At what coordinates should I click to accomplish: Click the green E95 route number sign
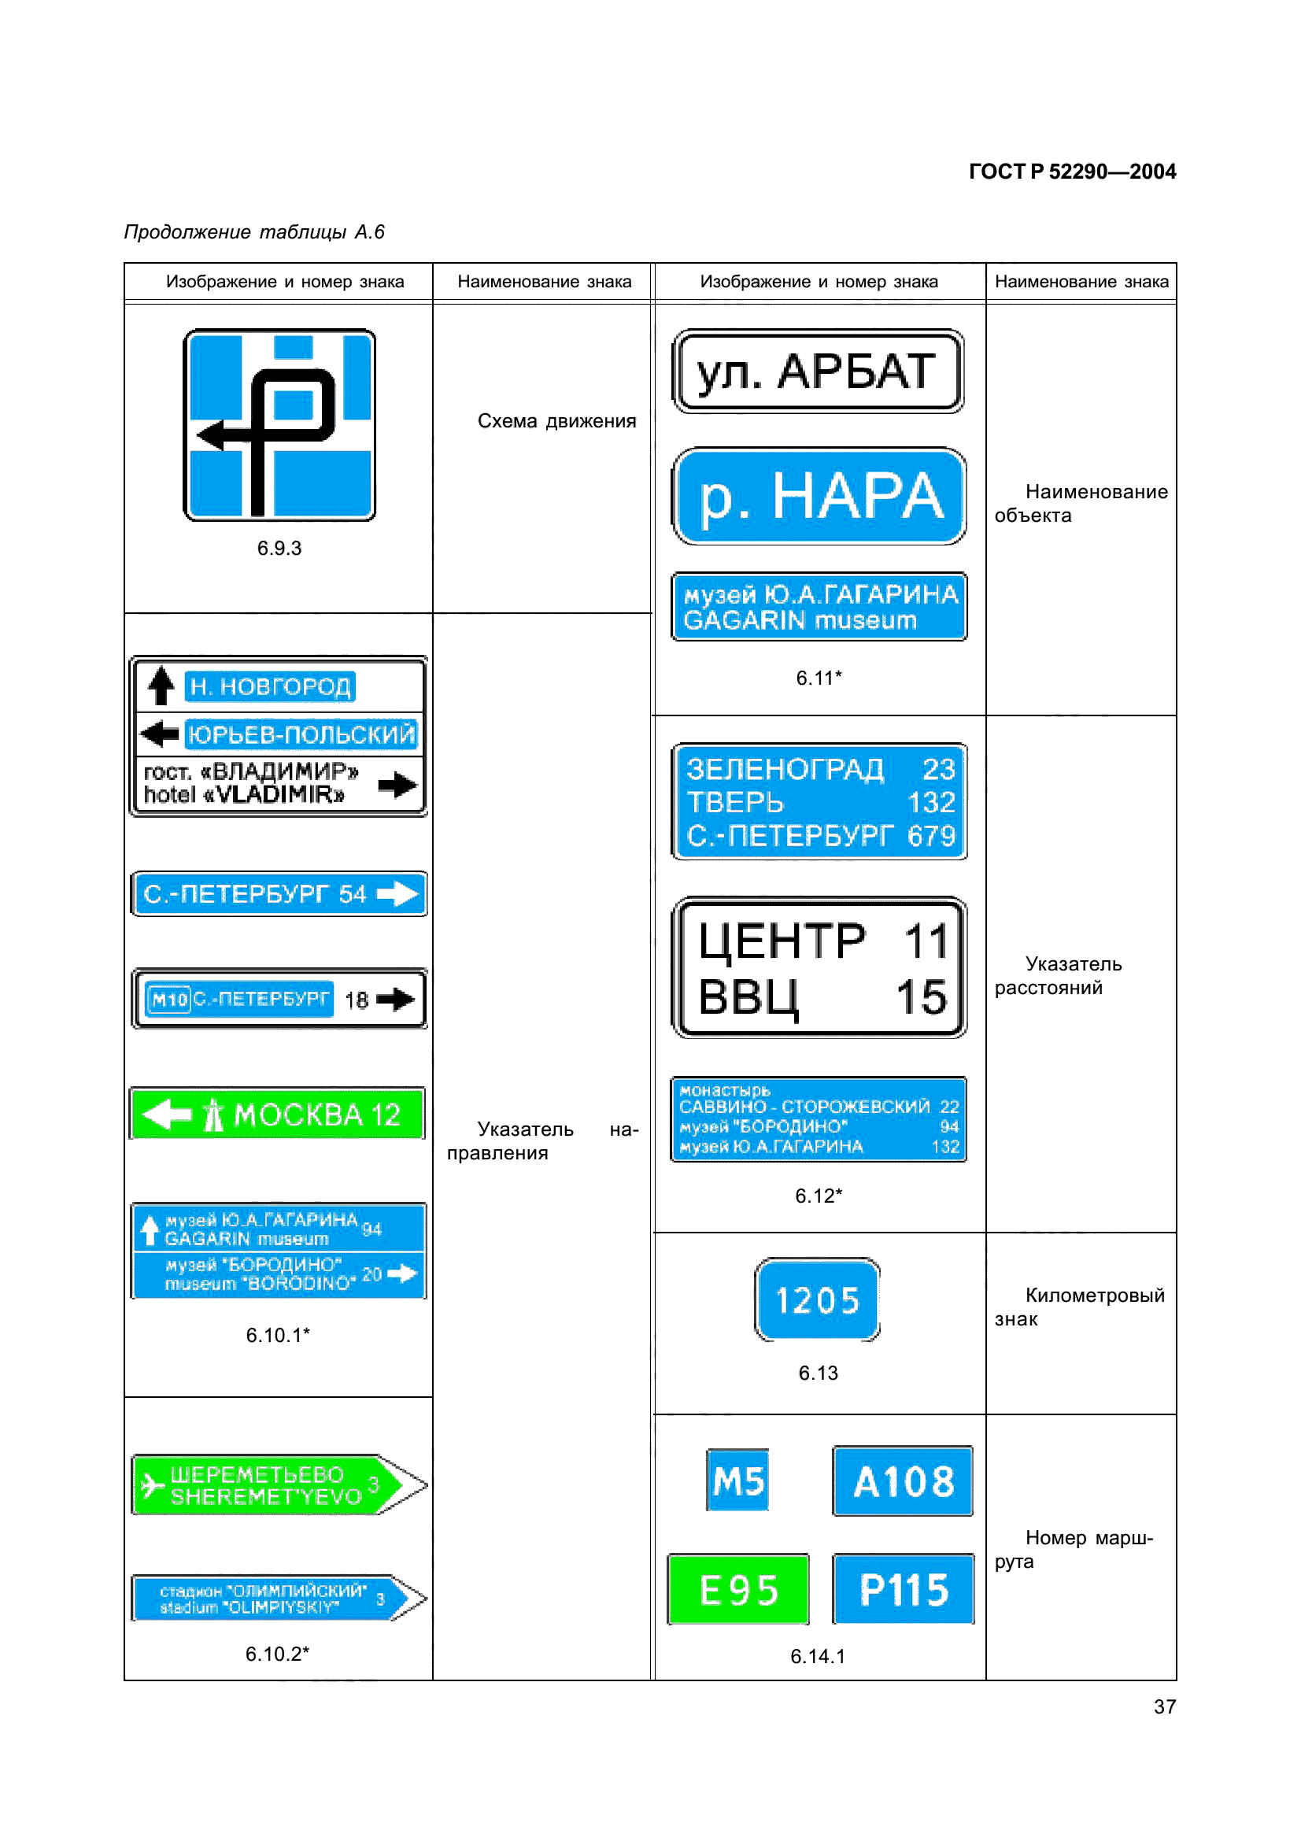point(737,1588)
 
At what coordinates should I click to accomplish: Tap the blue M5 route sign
point(737,1481)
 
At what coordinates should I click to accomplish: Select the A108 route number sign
point(903,1481)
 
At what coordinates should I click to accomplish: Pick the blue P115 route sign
point(904,1588)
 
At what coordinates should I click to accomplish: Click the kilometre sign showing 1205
point(817,1299)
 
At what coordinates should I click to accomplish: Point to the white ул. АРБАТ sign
point(817,372)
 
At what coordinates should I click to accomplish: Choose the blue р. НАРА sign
point(819,497)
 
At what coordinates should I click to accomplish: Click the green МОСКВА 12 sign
point(277,1113)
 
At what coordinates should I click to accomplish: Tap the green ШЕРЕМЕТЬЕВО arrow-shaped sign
point(276,1485)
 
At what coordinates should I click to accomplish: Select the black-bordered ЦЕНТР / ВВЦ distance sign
point(819,968)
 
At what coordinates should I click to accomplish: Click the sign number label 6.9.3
point(279,549)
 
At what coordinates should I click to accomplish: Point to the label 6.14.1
point(818,1657)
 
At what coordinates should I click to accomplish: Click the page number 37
point(1164,1707)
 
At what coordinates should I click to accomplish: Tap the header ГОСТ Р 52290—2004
point(1072,172)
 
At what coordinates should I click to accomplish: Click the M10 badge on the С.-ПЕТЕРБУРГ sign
point(169,999)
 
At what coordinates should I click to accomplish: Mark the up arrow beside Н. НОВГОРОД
point(161,686)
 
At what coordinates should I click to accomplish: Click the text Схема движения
point(556,421)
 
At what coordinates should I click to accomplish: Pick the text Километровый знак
point(1079,1307)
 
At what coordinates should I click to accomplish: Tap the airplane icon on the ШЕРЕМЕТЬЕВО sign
point(151,1486)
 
